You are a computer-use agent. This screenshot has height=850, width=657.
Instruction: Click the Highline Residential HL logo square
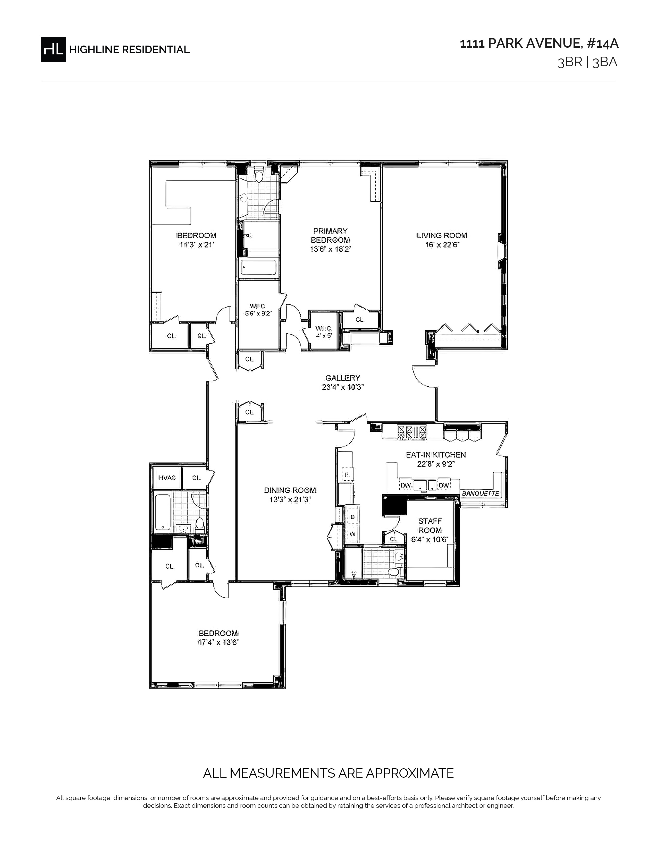click(53, 49)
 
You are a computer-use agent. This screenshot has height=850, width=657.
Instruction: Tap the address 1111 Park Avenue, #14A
click(539, 44)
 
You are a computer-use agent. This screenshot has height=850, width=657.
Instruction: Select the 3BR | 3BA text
click(587, 63)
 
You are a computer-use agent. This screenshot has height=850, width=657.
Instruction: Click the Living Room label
click(442, 235)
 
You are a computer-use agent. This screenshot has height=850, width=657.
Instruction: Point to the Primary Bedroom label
click(331, 235)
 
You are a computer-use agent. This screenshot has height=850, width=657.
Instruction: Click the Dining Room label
click(290, 490)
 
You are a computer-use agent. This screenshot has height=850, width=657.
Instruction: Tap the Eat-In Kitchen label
click(436, 455)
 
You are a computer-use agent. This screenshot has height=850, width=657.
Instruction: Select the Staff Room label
click(430, 525)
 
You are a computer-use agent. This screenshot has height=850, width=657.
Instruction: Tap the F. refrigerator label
click(347, 475)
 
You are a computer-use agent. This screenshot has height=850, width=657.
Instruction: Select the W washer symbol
click(352, 534)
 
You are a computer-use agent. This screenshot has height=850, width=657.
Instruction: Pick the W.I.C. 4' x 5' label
click(324, 331)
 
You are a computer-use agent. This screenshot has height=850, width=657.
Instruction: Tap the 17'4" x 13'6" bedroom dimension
click(218, 643)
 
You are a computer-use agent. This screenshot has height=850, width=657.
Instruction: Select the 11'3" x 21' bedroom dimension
click(197, 245)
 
